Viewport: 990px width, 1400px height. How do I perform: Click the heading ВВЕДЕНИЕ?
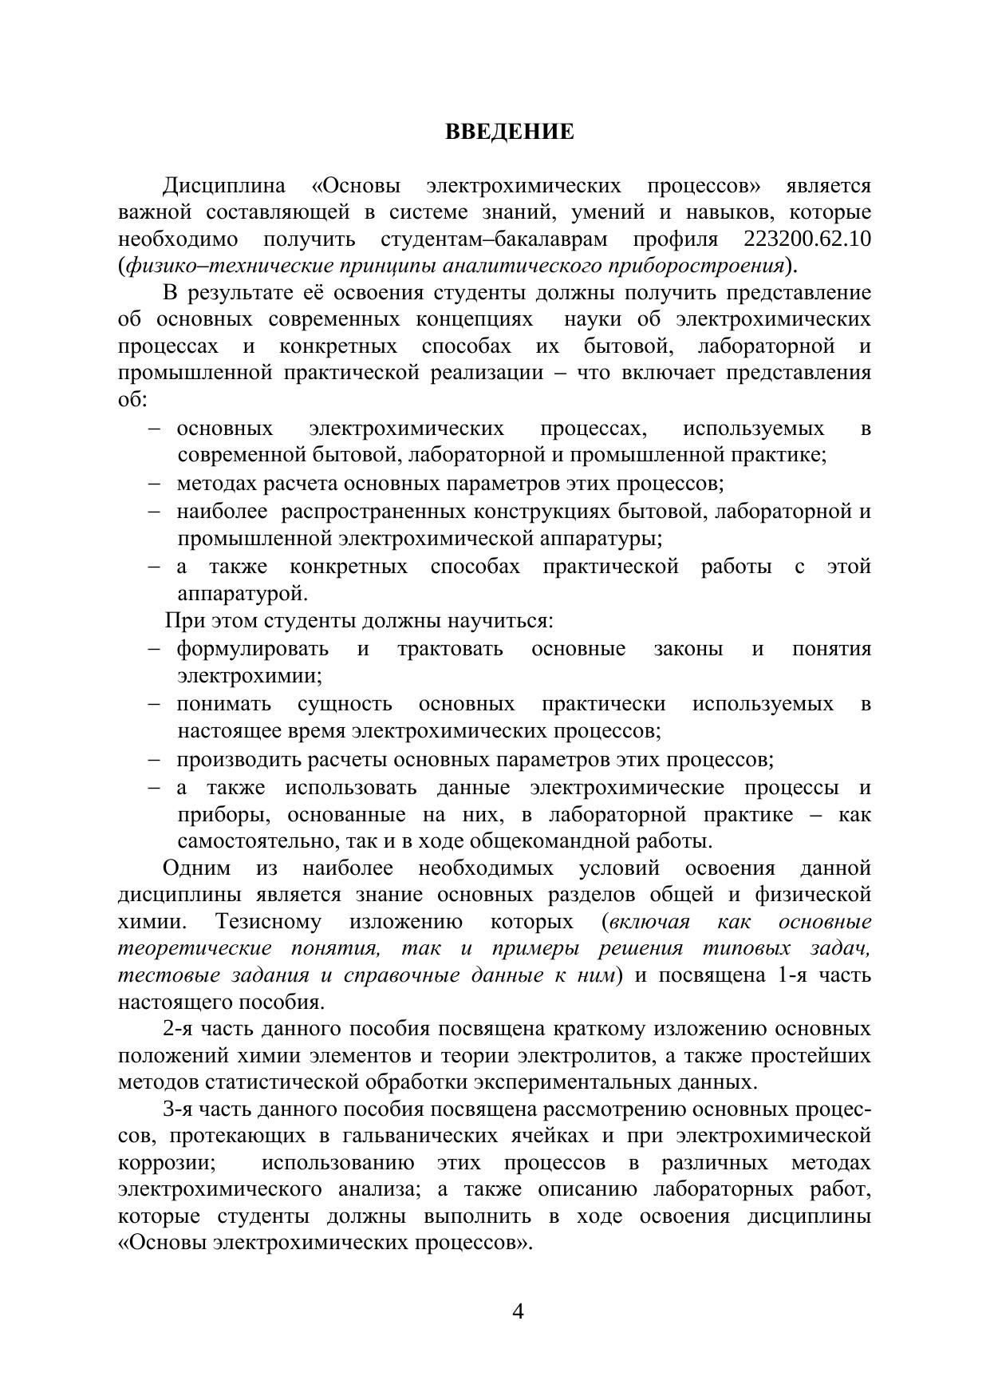point(509,132)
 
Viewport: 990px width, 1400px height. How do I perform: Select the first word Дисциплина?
point(223,186)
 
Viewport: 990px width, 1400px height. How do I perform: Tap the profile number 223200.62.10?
point(807,239)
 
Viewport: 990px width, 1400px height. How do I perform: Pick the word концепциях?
point(473,319)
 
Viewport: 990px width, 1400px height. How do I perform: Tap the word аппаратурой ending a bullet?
point(242,594)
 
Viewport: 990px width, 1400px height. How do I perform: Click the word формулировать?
point(252,649)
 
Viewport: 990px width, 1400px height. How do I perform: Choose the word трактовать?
point(450,649)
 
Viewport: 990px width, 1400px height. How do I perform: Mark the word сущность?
point(345,704)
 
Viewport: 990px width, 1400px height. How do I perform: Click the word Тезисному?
point(268,922)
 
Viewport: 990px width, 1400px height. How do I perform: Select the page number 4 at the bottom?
point(517,1311)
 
